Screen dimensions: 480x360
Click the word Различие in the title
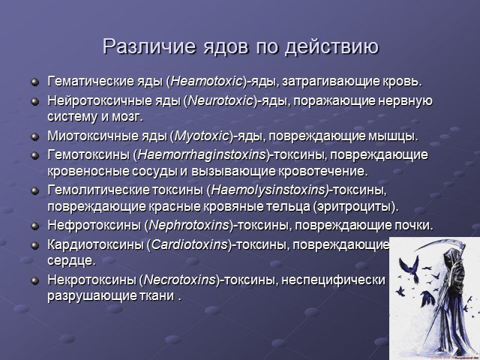point(148,46)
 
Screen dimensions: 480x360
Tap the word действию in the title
point(331,47)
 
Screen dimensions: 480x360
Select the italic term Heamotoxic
point(206,82)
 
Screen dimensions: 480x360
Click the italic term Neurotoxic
point(220,100)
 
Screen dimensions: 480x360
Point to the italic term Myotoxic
point(202,136)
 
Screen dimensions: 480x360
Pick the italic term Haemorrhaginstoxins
point(202,155)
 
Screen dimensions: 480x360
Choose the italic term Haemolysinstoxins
point(268,190)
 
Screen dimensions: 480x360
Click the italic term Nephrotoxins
point(189,226)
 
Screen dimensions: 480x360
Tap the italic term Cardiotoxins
point(190,244)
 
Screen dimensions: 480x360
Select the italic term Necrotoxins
point(179,280)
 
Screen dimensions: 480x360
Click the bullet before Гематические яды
point(35,82)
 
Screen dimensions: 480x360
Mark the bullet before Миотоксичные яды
point(35,136)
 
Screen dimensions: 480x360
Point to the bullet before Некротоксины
point(35,280)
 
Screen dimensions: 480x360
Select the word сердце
point(69,261)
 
